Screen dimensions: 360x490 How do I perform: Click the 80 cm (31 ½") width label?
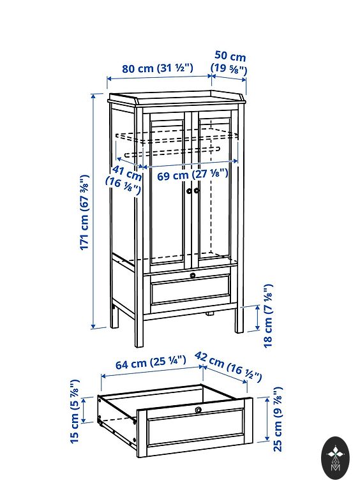pos(158,68)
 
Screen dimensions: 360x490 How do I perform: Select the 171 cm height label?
pos(84,212)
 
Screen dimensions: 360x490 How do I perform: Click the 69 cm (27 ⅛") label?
pos(193,174)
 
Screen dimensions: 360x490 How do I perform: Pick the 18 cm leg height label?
pos(268,316)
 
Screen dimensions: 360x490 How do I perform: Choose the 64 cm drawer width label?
pos(151,362)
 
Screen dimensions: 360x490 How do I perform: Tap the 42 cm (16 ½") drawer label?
pos(228,367)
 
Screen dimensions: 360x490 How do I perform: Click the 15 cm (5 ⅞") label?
pos(75,412)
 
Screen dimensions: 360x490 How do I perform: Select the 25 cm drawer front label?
pos(278,419)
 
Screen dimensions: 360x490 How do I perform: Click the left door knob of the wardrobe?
pos(189,191)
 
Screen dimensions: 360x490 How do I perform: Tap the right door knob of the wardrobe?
pos(196,190)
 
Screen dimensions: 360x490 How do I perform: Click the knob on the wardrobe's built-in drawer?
pos(193,276)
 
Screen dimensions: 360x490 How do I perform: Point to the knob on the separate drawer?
pos(198,410)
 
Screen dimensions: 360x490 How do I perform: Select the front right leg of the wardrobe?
pos(240,319)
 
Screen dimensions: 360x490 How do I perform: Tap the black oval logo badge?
pos(336,457)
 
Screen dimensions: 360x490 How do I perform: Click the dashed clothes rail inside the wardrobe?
pos(172,151)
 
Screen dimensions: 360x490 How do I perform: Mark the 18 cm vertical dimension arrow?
pos(257,318)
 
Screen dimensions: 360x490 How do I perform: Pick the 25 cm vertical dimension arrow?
pos(267,419)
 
